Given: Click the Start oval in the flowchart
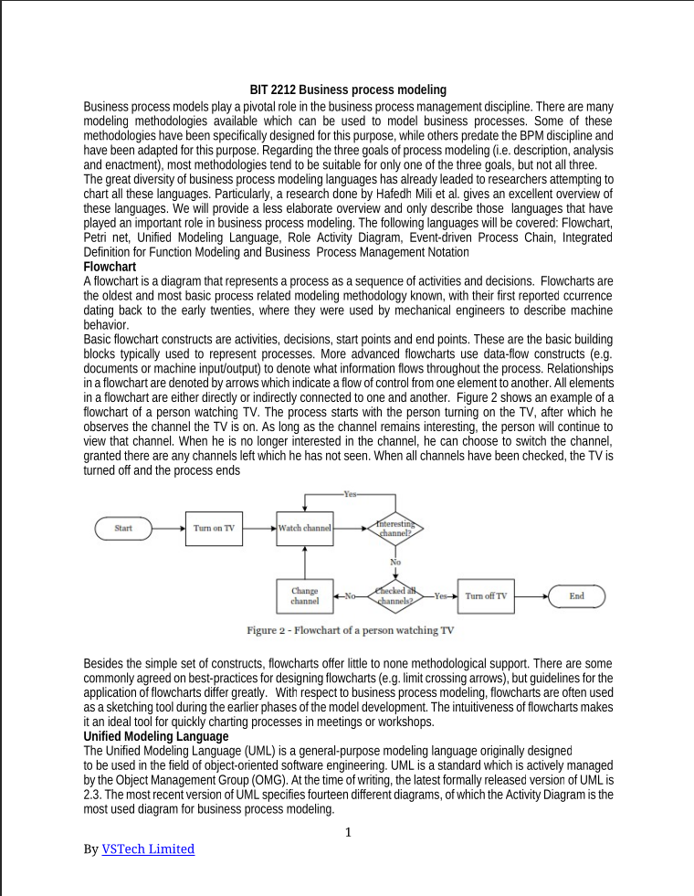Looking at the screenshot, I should point(123,528).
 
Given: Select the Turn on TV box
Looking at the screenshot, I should point(215,528).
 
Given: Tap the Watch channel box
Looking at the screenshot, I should point(305,528).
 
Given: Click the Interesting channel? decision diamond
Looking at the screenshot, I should point(395,528).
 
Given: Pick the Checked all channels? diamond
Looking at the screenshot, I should point(395,596).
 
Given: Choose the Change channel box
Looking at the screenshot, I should point(305,596).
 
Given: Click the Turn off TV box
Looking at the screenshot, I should point(486,596).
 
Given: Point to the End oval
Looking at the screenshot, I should point(576,596).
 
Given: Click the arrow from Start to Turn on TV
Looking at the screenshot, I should point(168,528).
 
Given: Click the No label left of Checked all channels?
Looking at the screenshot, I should point(349,596).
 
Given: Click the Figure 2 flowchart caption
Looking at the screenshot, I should point(350,630).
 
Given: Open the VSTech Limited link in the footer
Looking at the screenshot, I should point(148,849).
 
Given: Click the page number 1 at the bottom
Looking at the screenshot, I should point(348,831).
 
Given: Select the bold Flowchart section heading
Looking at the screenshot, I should point(110,266).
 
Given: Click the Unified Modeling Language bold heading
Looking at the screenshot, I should point(155,736).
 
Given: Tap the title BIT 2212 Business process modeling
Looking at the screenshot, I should point(348,90).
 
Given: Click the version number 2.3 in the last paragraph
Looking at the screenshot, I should point(92,795).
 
